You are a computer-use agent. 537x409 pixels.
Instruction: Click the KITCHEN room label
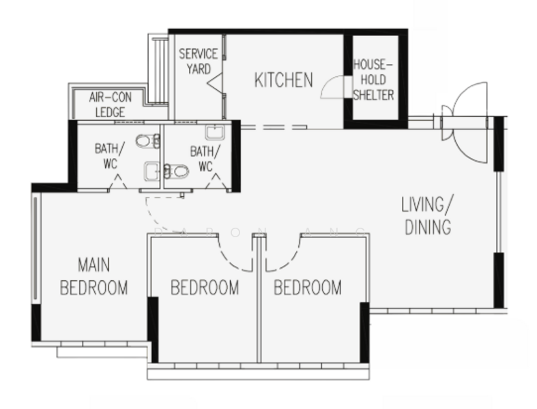(x=284, y=80)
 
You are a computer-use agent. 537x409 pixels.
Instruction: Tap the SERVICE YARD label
(x=199, y=61)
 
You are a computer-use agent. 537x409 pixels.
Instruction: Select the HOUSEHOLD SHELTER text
(x=373, y=80)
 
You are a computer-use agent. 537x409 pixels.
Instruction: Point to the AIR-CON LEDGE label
(x=111, y=104)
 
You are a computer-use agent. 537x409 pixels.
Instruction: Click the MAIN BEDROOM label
(x=94, y=276)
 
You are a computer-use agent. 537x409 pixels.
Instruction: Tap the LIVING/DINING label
(x=427, y=215)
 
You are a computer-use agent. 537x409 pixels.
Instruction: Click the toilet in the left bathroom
(x=148, y=140)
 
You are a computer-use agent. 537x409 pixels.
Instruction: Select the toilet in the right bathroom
(x=176, y=171)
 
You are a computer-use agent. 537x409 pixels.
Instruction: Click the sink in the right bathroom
(x=215, y=132)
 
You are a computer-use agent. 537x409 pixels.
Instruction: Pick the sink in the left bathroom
(x=151, y=171)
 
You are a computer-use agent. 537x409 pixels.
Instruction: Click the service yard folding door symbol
(x=215, y=84)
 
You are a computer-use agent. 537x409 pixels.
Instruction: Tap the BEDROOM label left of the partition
(x=205, y=288)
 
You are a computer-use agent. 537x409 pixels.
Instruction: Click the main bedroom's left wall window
(x=35, y=248)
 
